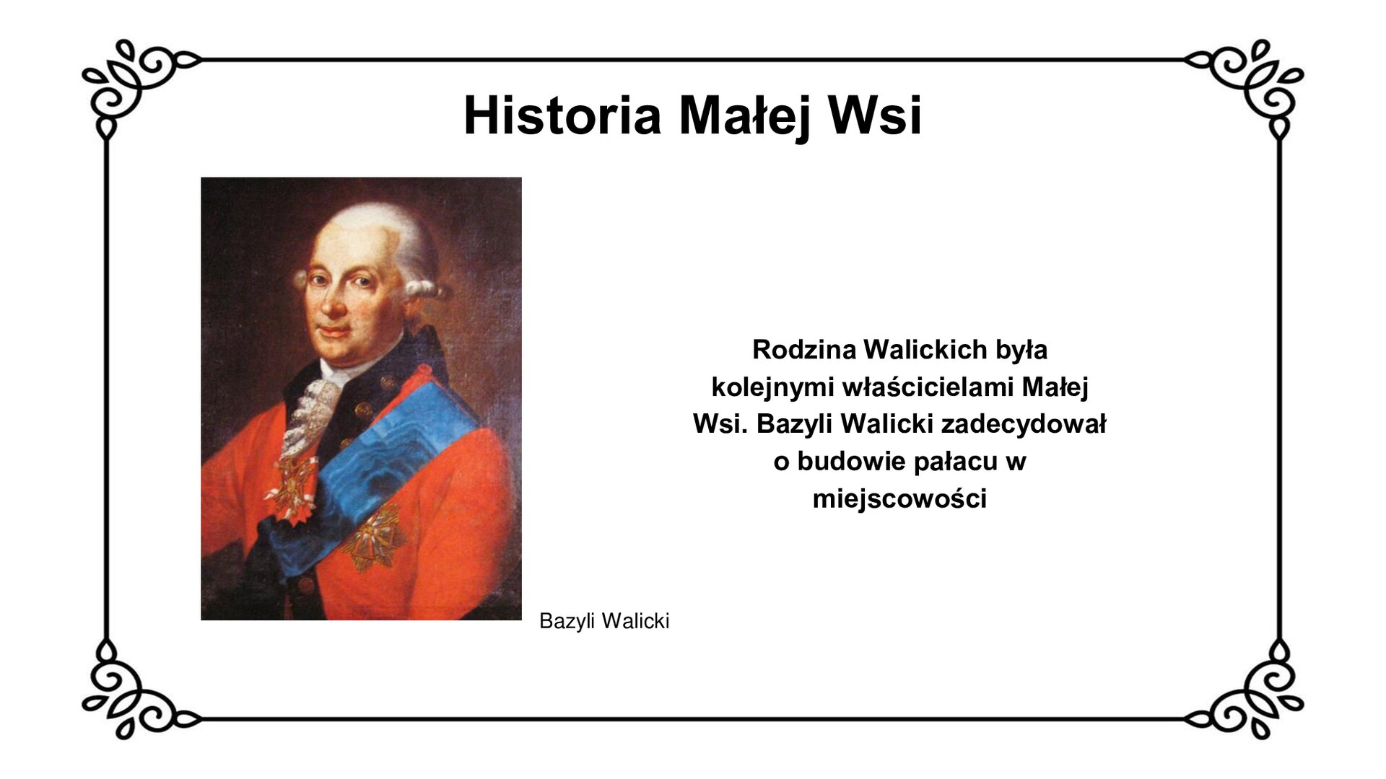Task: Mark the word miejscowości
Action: tap(899, 499)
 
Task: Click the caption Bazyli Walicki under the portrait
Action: tap(604, 621)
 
